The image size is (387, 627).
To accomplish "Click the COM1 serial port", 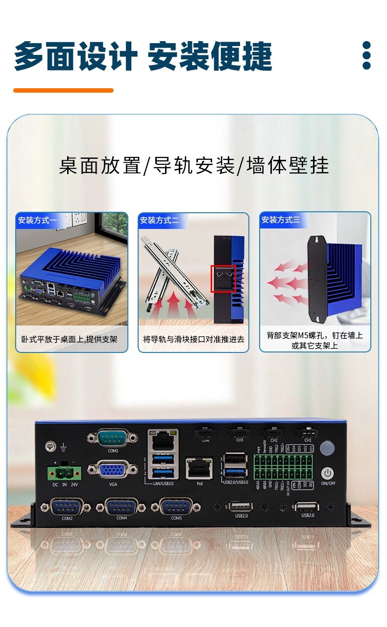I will point(113,437).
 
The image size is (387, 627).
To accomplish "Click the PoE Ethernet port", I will point(199,469).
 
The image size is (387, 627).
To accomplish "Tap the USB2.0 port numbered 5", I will point(241,506).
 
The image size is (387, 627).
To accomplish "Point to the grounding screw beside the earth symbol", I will point(49,446).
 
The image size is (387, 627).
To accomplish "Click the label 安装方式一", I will point(38,220).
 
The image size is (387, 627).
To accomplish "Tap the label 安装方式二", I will point(160,220).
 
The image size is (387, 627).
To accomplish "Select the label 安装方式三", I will point(281,220).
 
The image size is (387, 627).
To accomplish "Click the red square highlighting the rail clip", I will point(223,279).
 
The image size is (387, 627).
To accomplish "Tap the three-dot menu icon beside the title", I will point(366,55).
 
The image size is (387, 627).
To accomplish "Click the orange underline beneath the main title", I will point(63,90).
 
